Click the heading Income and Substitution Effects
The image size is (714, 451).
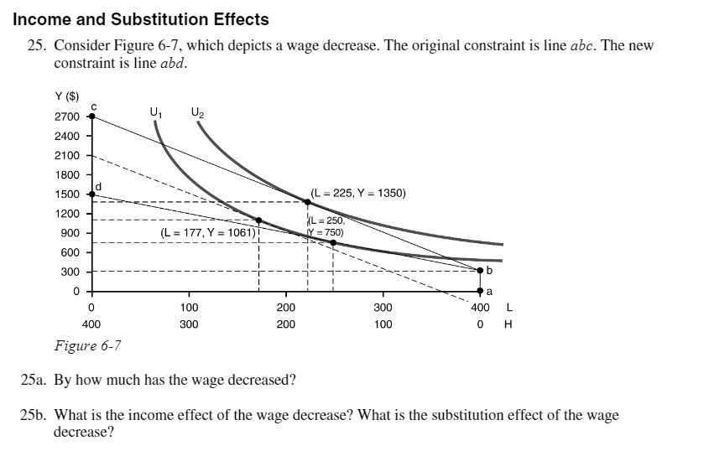coord(141,18)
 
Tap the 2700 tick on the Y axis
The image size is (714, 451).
coord(68,117)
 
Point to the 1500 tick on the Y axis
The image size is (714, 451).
coord(68,194)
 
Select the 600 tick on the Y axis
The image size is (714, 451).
coord(70,252)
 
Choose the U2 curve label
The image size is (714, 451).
coord(197,111)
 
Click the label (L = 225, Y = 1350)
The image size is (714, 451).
coord(358,193)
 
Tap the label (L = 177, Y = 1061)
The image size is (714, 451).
coord(207,232)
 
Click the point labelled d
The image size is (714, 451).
coord(92,194)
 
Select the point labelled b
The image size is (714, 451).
coord(480,271)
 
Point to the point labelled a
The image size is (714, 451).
coord(480,291)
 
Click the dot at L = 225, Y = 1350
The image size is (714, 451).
coord(308,202)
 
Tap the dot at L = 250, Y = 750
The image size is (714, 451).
coord(333,243)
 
